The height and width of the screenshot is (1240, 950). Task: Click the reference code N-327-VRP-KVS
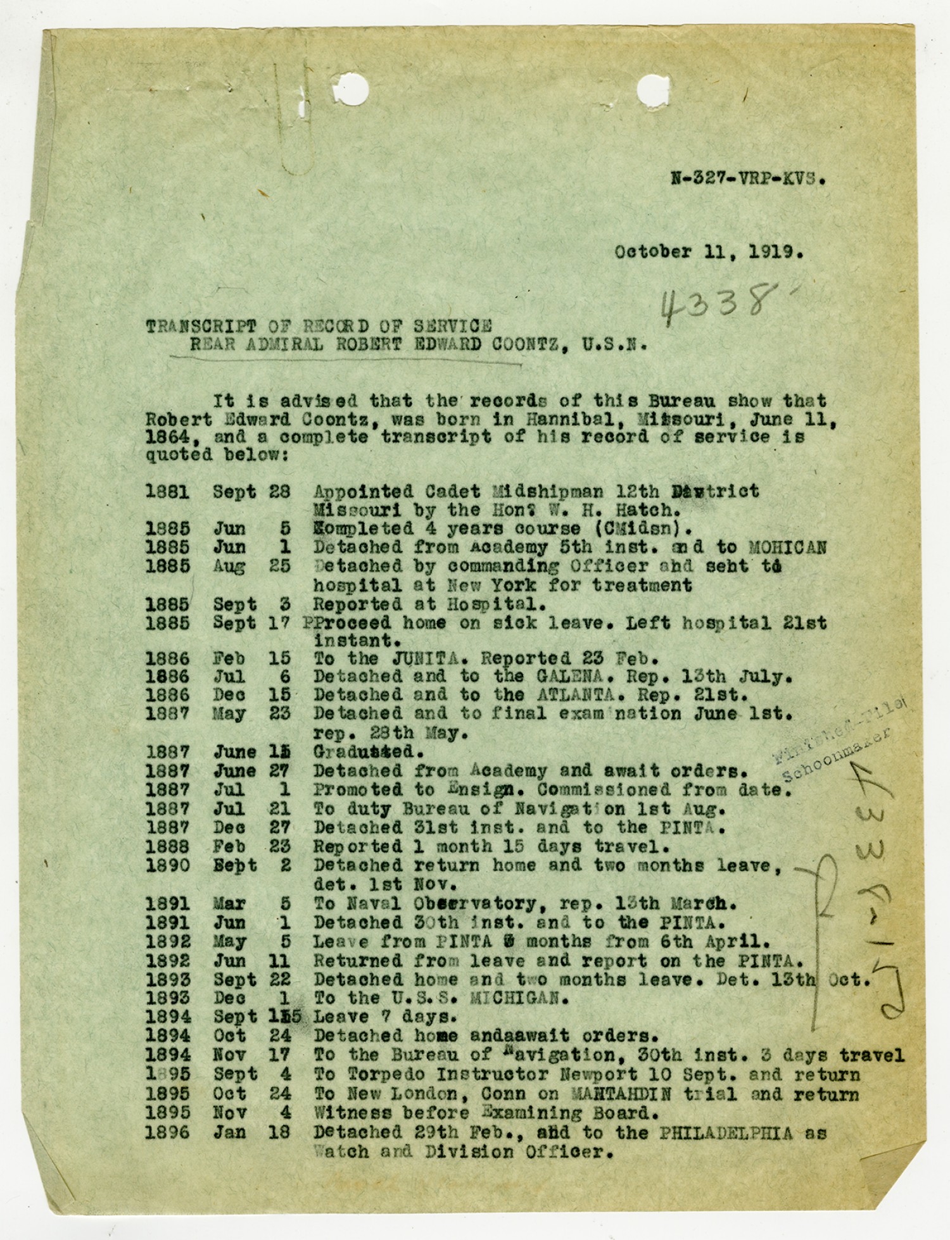point(748,178)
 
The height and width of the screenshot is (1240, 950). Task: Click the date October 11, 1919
point(708,252)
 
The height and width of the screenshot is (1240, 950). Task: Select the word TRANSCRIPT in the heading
point(201,327)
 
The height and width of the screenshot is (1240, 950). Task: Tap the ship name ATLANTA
point(576,694)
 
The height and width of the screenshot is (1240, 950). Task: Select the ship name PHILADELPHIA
point(725,1132)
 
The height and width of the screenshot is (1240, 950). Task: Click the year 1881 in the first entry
point(167,492)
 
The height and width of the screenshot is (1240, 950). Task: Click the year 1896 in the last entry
point(167,1132)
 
